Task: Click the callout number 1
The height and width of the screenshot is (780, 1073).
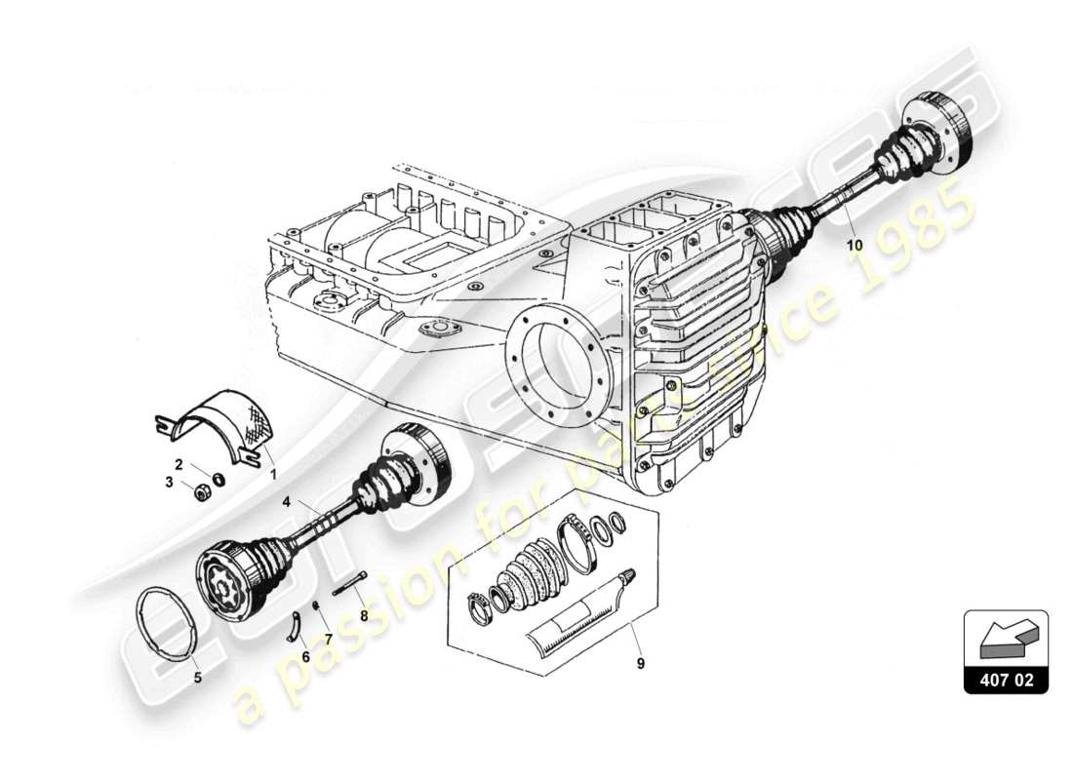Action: [273, 474]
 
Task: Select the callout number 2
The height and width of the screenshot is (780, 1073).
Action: [179, 464]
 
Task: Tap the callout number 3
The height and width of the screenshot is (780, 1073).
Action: [168, 482]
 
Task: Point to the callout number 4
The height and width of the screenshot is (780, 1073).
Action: [287, 502]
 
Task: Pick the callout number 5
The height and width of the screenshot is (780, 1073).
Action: [197, 676]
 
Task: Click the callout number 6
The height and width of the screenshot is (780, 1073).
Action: [305, 657]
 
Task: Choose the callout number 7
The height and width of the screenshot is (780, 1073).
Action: [328, 639]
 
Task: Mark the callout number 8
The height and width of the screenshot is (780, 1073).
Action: [363, 616]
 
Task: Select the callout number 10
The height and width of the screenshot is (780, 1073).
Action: [854, 246]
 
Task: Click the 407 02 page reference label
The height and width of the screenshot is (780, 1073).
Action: [1006, 679]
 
